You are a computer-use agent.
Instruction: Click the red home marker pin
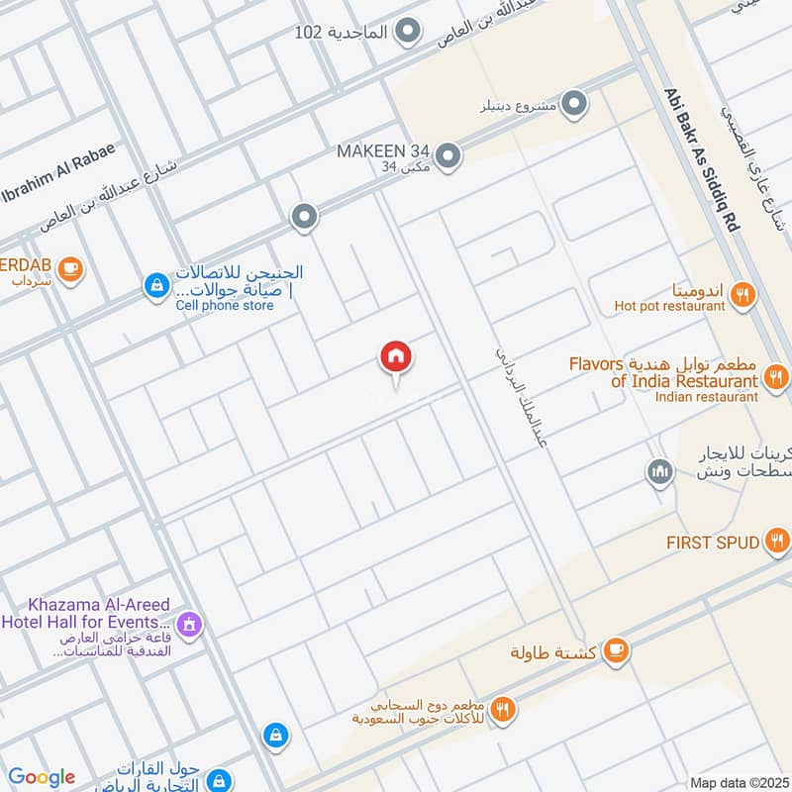tap(396, 356)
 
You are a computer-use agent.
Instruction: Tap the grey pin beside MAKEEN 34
tap(448, 155)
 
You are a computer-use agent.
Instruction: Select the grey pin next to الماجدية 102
tap(406, 33)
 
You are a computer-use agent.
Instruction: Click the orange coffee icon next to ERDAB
tap(69, 268)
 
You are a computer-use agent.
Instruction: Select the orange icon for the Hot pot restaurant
tap(742, 293)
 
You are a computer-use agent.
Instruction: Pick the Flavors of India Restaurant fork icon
tap(776, 376)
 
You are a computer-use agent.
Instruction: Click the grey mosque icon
tap(659, 472)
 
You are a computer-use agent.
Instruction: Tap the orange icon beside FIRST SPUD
tap(777, 541)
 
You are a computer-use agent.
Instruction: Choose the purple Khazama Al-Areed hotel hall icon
tap(188, 624)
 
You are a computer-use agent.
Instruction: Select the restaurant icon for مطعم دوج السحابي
tap(504, 709)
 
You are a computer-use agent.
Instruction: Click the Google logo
tap(42, 777)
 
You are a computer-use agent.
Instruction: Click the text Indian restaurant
tap(706, 397)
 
